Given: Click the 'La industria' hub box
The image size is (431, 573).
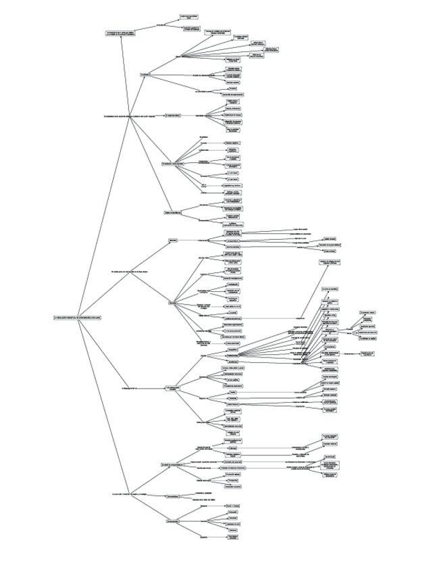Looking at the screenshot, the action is click(146, 75).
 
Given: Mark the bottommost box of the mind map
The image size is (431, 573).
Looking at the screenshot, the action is click(232, 539).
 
